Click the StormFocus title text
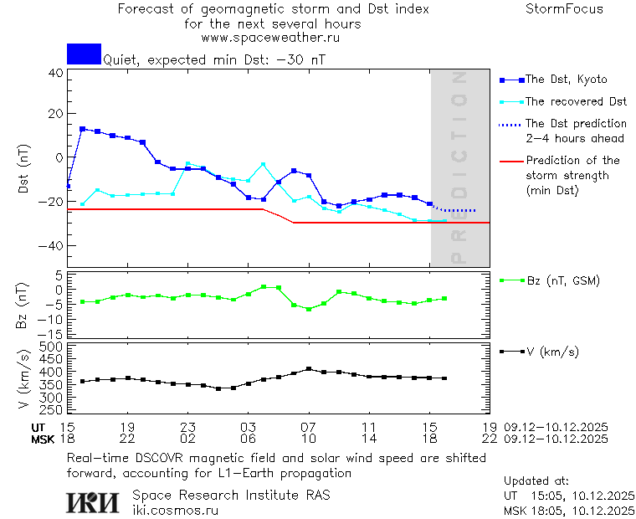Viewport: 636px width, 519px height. pos(564,9)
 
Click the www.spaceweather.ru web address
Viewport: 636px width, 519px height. pos(270,38)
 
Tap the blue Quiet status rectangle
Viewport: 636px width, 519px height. pos(84,54)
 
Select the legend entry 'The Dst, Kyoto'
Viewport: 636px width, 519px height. pos(566,80)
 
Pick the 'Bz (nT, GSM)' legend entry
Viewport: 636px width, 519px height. pos(562,280)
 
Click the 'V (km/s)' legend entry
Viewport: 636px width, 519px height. pos(552,352)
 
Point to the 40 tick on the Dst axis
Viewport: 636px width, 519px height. pos(55,73)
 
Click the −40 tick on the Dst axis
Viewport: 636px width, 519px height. pos(52,246)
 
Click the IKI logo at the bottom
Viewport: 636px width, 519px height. pos(94,501)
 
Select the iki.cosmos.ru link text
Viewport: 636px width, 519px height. pos(175,510)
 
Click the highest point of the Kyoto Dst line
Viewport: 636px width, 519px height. pos(83,129)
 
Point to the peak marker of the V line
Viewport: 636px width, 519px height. pos(309,368)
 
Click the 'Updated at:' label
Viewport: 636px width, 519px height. pos(536,481)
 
